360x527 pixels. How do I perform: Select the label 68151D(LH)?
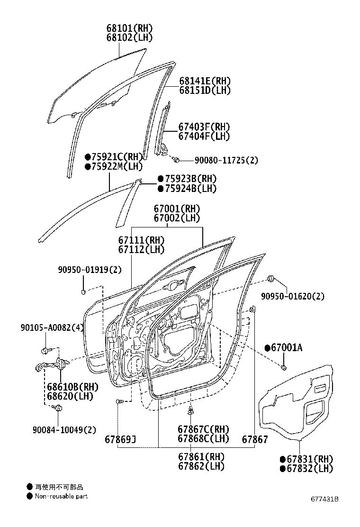click(205, 90)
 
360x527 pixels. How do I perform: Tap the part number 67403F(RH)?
click(204, 127)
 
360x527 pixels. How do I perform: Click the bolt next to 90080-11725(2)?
click(175, 160)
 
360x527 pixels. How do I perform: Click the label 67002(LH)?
click(177, 218)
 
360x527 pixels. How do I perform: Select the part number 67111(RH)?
click(141, 240)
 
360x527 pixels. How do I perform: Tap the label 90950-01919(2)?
click(90, 270)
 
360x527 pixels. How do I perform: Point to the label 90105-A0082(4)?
click(52, 327)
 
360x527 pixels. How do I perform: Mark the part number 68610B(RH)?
click(69, 387)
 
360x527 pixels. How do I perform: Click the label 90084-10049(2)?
click(64, 430)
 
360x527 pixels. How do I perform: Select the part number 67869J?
click(121, 439)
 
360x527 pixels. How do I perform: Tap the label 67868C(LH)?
click(203, 438)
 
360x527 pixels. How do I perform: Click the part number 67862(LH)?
click(201, 466)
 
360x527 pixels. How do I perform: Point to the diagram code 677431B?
click(324, 500)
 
